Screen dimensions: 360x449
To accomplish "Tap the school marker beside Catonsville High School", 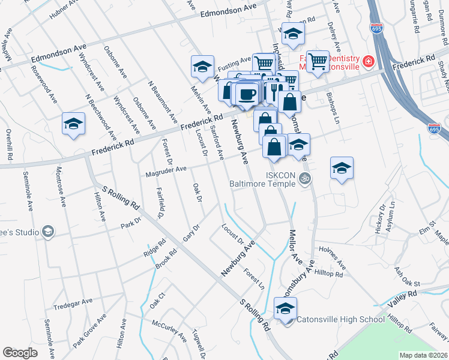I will point(285,310).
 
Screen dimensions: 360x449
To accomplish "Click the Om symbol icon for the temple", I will point(304,178).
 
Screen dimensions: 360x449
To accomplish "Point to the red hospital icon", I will point(367,61).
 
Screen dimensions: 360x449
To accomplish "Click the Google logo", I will point(20,352).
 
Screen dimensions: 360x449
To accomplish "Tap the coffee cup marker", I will point(246,94).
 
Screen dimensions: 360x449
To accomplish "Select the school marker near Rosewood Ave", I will point(73,124).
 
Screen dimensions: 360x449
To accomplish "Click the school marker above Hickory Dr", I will point(342,169).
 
